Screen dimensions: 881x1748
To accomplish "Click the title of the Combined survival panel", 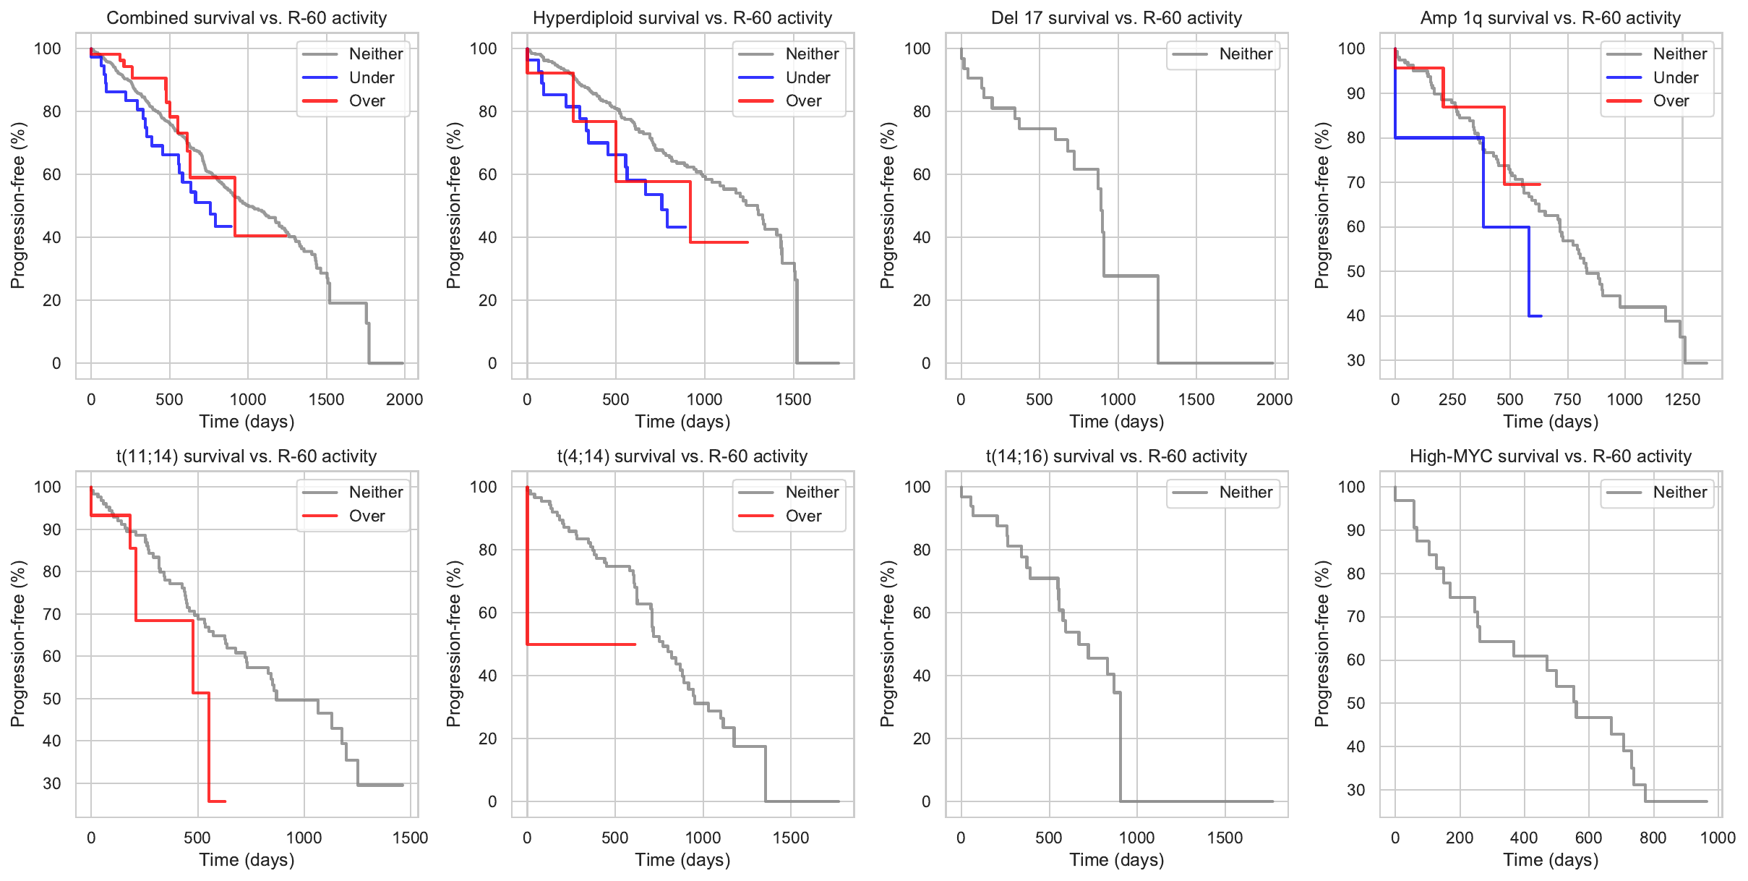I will click(x=247, y=18).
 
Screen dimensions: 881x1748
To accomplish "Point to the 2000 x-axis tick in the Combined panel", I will click(x=404, y=399).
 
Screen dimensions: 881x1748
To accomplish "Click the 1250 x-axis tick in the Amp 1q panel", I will click(x=1682, y=399).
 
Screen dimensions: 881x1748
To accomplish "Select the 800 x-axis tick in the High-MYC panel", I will click(x=1653, y=838).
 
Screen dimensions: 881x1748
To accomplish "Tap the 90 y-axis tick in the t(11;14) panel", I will click(x=52, y=529).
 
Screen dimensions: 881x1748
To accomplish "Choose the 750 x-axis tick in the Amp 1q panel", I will click(x=1567, y=399).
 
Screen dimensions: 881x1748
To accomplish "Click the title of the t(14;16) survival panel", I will click(x=1116, y=456).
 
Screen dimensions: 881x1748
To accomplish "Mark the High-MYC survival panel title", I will click(x=1551, y=456).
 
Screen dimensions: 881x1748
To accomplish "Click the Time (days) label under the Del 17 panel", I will click(x=1116, y=422).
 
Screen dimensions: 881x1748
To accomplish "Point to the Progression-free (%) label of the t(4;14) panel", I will click(x=453, y=643).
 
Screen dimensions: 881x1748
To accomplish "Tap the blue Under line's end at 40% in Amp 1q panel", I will click(x=1540, y=316).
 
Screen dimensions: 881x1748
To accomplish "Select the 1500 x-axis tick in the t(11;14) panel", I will click(x=410, y=838).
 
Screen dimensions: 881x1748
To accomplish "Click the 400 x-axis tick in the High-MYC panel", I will click(x=1524, y=838).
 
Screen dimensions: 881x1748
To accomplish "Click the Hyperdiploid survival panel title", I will click(x=682, y=18).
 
